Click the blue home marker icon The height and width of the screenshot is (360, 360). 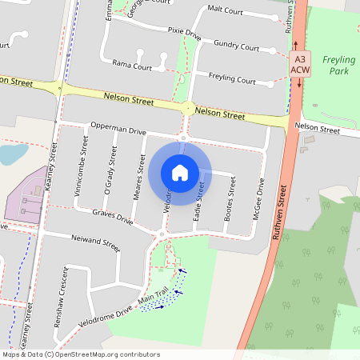[180, 172]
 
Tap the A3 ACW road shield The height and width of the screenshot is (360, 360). [299, 65]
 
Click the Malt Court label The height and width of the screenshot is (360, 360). [225, 10]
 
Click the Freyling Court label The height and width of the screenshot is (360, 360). [232, 80]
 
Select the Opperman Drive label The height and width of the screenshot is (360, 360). [118, 129]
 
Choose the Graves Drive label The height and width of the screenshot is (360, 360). [112, 216]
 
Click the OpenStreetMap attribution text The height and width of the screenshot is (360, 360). [80, 354]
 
